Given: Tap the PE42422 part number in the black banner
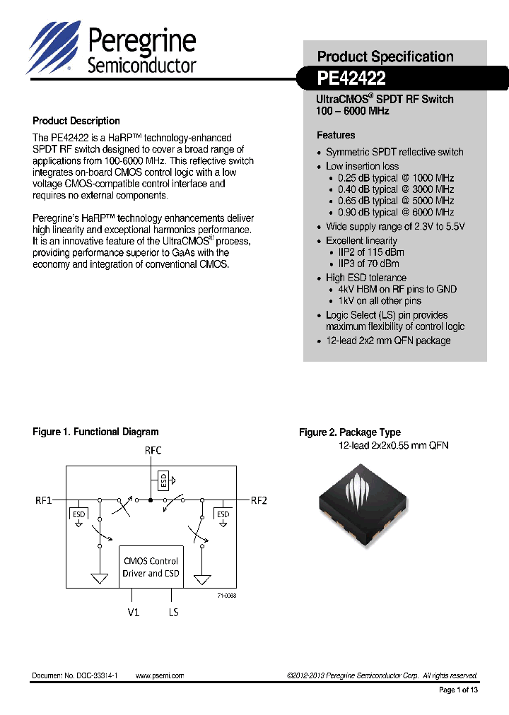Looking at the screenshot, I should pyautogui.click(x=351, y=78).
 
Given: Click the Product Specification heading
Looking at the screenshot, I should pyautogui.click(x=385, y=57).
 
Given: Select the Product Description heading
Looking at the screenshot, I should pyautogui.click(x=76, y=121).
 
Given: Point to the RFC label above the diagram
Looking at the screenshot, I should pyautogui.click(x=153, y=450).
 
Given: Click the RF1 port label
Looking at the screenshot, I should pyautogui.click(x=44, y=500).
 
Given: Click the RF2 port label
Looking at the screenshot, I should pyautogui.click(x=259, y=500).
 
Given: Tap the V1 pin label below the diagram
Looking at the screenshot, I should pyautogui.click(x=133, y=612).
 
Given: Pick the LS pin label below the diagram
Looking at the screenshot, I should pyautogui.click(x=173, y=612).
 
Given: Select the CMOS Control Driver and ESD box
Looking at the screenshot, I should pyautogui.click(x=151, y=567).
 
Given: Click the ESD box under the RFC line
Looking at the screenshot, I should pyautogui.click(x=163, y=481).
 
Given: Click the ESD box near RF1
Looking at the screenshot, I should pyautogui.click(x=78, y=514).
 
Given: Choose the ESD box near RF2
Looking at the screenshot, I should pyautogui.click(x=223, y=514).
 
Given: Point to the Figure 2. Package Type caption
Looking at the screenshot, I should pyautogui.click(x=350, y=432).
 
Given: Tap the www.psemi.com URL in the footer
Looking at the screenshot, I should pyautogui.click(x=160, y=675).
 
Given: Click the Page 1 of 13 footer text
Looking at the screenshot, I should pyautogui.click(x=459, y=690).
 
